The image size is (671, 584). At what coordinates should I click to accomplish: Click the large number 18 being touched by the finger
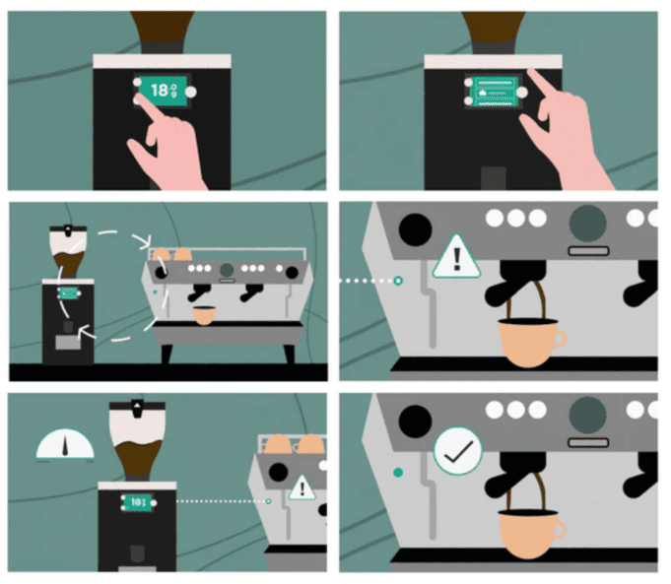(159, 90)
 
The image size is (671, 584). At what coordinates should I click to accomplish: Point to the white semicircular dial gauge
(65, 446)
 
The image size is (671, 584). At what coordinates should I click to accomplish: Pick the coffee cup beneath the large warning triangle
(530, 341)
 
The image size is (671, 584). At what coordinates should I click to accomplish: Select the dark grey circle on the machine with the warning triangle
(589, 224)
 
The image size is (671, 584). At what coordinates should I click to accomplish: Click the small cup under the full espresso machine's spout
(203, 316)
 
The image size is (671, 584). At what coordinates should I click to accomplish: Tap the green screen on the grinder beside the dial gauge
(136, 502)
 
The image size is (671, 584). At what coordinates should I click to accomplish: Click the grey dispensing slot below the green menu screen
(493, 178)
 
